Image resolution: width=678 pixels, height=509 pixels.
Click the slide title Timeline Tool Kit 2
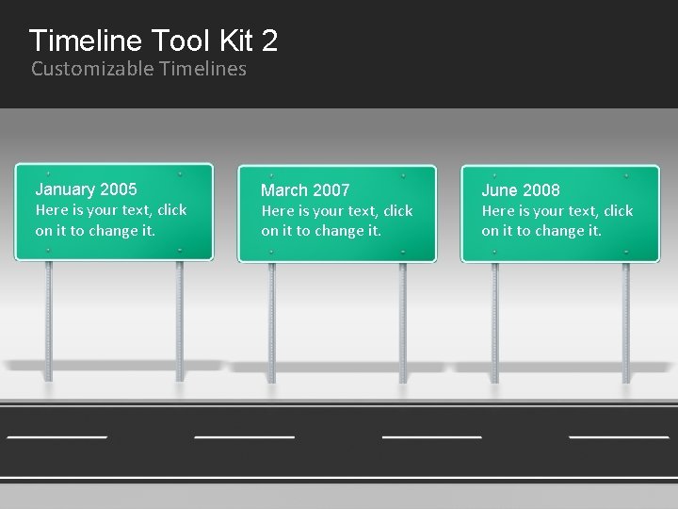point(153,41)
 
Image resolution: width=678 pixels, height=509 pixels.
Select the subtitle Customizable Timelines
point(138,69)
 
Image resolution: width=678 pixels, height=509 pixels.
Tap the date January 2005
point(86,189)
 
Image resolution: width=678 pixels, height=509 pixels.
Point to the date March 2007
point(304,190)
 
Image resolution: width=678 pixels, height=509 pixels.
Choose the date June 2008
point(520,190)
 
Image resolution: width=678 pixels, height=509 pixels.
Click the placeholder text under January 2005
point(110,221)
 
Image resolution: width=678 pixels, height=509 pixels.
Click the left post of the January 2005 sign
point(48,320)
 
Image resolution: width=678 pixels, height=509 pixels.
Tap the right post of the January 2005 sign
point(179,320)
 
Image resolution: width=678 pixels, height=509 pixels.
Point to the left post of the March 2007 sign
point(271,320)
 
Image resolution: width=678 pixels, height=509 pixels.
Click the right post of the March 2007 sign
point(402,320)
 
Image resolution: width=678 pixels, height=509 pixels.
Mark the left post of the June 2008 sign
point(494,320)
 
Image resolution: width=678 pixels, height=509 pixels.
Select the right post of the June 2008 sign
point(625,320)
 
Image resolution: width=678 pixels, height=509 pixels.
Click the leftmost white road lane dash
point(56,437)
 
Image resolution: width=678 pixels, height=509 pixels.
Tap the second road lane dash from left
point(244,437)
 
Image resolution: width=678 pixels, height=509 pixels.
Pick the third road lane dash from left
point(431,437)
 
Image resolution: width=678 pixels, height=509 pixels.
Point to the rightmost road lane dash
point(619,437)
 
